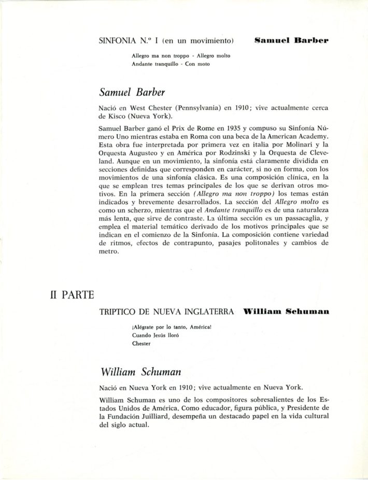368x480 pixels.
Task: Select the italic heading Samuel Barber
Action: (x=132, y=92)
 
